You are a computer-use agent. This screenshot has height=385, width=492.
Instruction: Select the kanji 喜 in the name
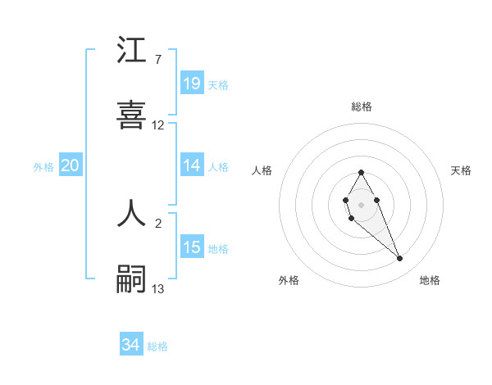click(x=131, y=115)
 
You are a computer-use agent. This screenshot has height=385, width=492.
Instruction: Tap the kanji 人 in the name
click(x=131, y=212)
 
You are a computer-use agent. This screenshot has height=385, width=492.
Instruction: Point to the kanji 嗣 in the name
click(x=131, y=279)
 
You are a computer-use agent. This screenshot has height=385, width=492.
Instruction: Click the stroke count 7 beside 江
click(x=157, y=60)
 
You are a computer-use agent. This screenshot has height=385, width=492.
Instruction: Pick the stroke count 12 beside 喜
click(x=158, y=125)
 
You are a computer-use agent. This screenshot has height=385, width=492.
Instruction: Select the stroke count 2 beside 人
click(x=157, y=223)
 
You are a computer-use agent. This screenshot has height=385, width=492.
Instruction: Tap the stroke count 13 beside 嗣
click(x=158, y=288)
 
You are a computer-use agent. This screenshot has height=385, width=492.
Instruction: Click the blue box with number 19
click(x=192, y=84)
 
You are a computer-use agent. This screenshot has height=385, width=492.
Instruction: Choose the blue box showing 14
click(x=192, y=165)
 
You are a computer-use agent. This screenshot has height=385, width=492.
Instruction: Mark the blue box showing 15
click(x=192, y=247)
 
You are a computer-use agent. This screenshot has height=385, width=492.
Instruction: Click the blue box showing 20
click(x=71, y=165)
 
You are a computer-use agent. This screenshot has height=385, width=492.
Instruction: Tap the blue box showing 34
click(x=131, y=346)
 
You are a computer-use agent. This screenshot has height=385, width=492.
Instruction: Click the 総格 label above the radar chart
click(x=362, y=106)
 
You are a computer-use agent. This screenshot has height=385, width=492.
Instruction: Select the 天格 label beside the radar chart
click(x=461, y=170)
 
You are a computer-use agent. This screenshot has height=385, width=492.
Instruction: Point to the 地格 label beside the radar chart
click(x=430, y=280)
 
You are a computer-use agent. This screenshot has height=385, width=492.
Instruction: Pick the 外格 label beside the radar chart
click(x=289, y=280)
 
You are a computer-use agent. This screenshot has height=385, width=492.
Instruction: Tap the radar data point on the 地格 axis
click(x=400, y=259)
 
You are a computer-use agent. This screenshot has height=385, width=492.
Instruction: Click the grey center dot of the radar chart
click(x=361, y=203)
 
